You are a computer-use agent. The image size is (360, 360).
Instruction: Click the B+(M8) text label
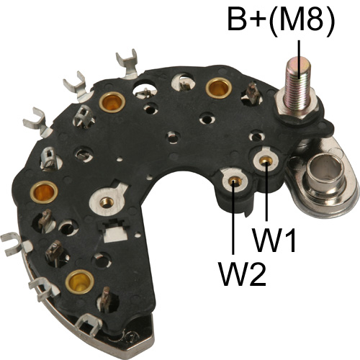pyautogui.click(x=281, y=19)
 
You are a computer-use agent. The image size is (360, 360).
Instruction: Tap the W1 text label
pyautogui.click(x=274, y=240)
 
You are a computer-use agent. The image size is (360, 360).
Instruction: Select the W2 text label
pyautogui.click(x=243, y=274)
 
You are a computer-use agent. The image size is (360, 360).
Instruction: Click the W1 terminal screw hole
pyautogui.click(x=266, y=160)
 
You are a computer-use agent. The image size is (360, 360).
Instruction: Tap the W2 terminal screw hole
pyautogui.click(x=233, y=181)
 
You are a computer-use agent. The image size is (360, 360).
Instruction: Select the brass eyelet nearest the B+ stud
pyautogui.click(x=219, y=88)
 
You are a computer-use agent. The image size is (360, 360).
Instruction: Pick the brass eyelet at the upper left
pyautogui.click(x=112, y=102)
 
